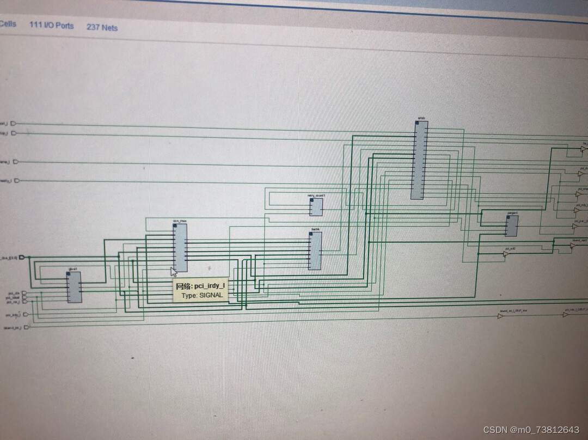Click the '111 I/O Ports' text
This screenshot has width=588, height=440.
click(52, 25)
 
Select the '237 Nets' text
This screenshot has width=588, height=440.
click(102, 27)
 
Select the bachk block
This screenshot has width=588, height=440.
click(315, 251)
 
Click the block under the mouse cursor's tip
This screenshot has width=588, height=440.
click(180, 248)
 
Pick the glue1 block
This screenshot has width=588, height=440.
click(74, 287)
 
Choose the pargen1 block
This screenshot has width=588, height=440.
click(511, 226)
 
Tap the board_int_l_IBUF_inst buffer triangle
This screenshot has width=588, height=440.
click(500, 316)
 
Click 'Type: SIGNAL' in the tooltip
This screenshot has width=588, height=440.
click(202, 295)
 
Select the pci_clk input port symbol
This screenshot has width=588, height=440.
click(23, 293)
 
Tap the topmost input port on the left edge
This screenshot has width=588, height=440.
click(15, 124)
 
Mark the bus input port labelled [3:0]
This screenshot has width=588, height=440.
click(22, 258)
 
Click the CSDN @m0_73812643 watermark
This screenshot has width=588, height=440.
click(531, 430)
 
